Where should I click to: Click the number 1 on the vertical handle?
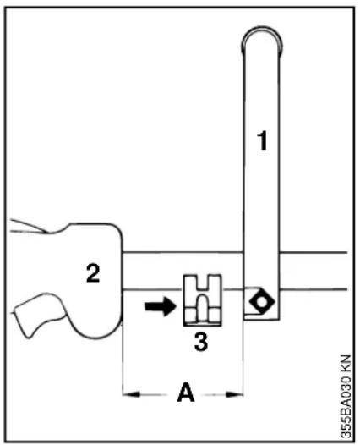263,140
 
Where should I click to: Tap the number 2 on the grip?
93,273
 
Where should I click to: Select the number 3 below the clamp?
201,342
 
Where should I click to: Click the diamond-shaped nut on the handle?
262,302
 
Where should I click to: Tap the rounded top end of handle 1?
262,40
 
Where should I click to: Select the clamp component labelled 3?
202,300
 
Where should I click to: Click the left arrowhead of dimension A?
131,394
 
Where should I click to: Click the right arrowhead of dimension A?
234,394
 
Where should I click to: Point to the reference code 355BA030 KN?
346,396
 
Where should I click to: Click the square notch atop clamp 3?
202,282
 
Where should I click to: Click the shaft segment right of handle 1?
313,271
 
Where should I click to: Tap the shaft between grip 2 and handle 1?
183,271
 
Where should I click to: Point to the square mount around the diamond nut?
261,303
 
